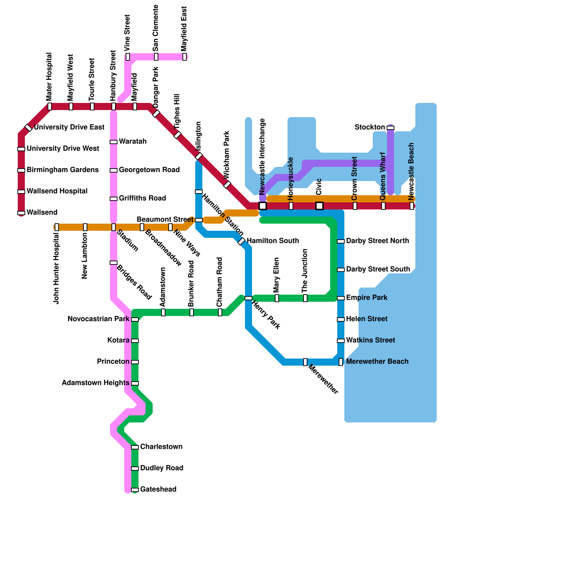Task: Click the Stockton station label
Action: (x=370, y=127)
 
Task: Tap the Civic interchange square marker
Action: (x=319, y=206)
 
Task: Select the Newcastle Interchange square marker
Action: (x=263, y=206)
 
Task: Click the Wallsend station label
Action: (x=42, y=213)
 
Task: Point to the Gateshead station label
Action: (x=158, y=490)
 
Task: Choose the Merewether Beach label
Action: (x=377, y=362)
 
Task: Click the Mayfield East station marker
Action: (x=185, y=57)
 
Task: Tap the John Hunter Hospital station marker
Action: (x=57, y=227)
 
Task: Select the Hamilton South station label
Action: (x=273, y=241)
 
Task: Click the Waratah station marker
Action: (x=114, y=142)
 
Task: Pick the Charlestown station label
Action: (x=161, y=447)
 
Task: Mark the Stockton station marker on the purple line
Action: (x=390, y=128)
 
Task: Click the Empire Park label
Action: (x=366, y=298)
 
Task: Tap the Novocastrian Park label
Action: (x=98, y=319)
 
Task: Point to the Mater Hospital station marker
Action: (x=50, y=106)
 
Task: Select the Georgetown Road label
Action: (x=149, y=170)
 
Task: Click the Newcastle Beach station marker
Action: (x=412, y=206)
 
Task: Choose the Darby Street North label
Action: (x=377, y=241)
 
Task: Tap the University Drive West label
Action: (x=63, y=149)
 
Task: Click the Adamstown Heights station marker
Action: (x=135, y=383)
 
